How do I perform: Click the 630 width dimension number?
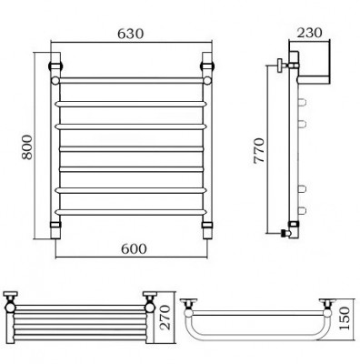click(130, 34)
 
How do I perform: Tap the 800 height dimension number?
click(27, 147)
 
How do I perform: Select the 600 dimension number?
click(134, 248)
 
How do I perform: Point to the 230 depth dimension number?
click(309, 33)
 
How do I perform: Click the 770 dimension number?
click(259, 151)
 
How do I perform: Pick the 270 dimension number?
click(165, 318)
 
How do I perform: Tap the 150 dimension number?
click(344, 318)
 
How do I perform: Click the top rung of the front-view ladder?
click(131, 80)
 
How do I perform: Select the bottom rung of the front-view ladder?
click(131, 212)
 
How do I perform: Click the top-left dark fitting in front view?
click(55, 66)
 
